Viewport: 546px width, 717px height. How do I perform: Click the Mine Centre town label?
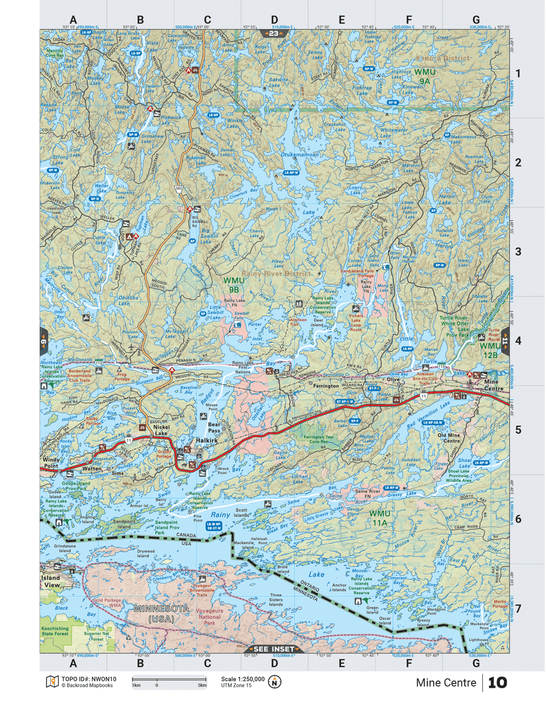coord(491,385)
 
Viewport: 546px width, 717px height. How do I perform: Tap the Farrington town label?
coord(326,386)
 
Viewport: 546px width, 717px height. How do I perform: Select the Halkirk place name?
coord(206,441)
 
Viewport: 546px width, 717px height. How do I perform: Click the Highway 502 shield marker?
coord(179,189)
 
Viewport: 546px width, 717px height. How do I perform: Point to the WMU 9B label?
coord(234,285)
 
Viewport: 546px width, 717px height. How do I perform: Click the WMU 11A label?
coord(380,518)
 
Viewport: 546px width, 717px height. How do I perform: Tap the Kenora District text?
coord(443,58)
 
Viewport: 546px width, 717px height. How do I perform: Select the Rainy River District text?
coord(276,273)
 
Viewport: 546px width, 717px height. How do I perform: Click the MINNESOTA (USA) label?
coord(161,613)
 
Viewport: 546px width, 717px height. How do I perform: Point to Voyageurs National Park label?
coord(210,617)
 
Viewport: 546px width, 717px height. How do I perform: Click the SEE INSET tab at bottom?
coord(273,649)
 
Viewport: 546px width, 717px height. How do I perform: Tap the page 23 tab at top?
coord(273,33)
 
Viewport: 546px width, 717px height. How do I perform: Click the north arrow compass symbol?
coord(274,682)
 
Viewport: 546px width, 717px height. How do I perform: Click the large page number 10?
coord(497,682)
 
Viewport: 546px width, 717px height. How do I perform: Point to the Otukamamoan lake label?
coord(300,154)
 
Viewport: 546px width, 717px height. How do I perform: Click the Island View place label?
coord(51,581)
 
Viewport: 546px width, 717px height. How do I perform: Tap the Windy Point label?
coord(51,463)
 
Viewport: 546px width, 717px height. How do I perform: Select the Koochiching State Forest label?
coord(55,631)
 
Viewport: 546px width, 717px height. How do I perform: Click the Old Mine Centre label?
coord(449,438)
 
